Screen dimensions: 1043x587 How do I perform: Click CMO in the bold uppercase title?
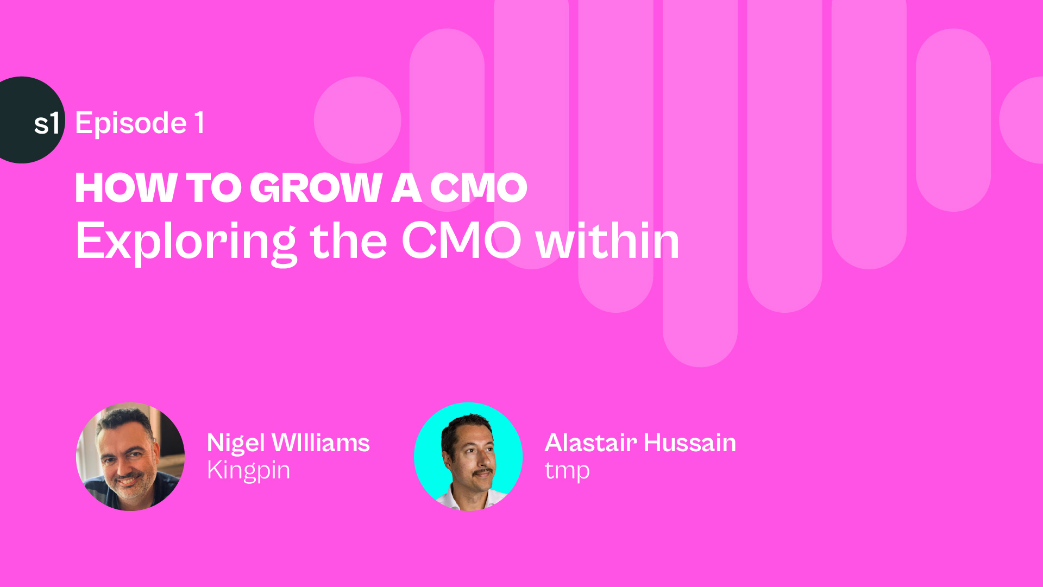[479, 188]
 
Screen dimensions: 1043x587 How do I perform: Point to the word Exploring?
[186, 242]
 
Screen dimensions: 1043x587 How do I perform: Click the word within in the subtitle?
[608, 241]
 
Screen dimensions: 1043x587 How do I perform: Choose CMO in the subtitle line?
[461, 241]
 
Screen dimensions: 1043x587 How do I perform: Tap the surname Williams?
[321, 443]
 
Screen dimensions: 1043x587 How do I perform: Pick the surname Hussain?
[690, 443]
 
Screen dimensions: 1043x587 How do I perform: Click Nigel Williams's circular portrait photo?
[130, 457]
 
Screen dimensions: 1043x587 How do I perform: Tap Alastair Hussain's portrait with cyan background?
[468, 457]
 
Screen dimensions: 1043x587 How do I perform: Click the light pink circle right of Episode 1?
[357, 120]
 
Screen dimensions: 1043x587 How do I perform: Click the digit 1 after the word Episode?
[199, 123]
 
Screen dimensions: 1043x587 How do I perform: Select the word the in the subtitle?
[348, 241]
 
